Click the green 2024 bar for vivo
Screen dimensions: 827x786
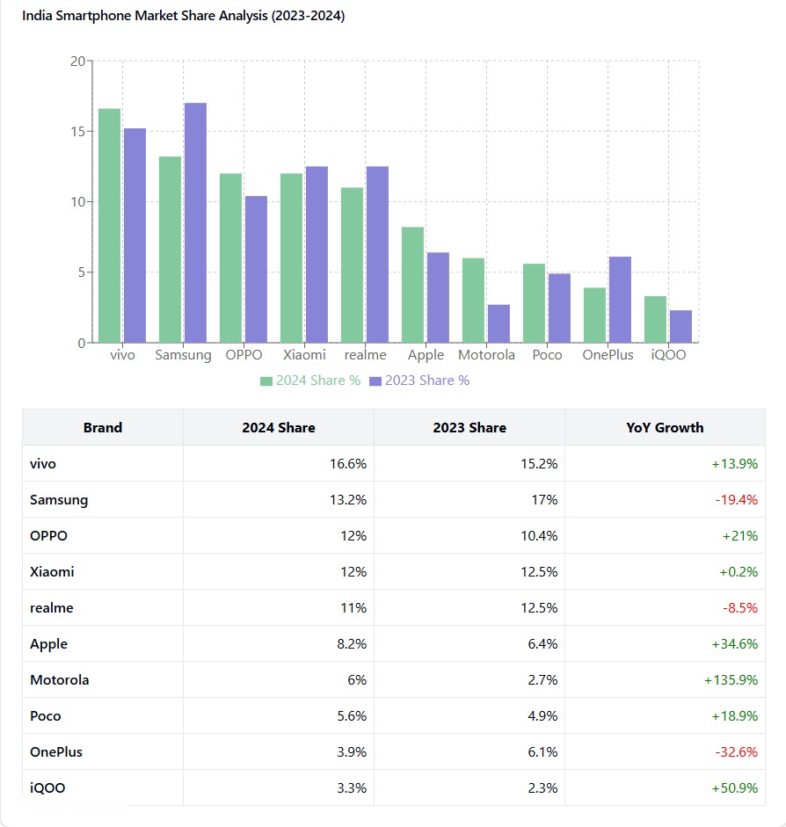click(110, 226)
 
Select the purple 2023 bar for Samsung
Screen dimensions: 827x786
click(195, 223)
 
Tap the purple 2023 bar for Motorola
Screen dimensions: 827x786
click(499, 323)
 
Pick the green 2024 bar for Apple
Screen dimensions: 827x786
click(413, 285)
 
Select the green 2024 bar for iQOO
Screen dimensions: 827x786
click(655, 319)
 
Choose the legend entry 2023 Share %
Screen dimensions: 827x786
click(419, 381)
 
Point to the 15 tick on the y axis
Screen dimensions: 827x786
click(77, 132)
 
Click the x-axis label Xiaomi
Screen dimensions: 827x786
click(304, 355)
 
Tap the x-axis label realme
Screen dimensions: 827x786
click(365, 355)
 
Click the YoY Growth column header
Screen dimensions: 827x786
click(665, 428)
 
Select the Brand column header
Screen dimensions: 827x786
click(103, 428)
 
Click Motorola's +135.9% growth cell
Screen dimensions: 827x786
click(731, 680)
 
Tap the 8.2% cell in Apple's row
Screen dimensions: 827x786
click(352, 644)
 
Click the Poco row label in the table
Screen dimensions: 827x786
click(46, 716)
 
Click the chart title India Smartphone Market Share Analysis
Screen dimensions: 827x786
click(183, 16)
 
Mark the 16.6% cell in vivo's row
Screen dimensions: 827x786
click(348, 464)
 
